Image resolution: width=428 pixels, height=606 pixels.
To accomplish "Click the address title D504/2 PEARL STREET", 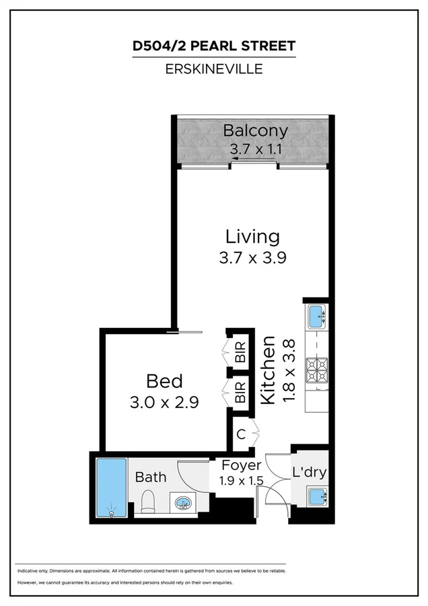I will coord(213,46).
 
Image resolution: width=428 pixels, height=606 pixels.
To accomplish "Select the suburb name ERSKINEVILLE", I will coord(213,68).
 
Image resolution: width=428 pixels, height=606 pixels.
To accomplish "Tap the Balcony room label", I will coord(255,131).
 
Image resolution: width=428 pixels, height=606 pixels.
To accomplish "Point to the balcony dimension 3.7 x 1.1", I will coord(255,150).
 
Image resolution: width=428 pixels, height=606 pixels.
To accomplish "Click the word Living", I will coord(252,236).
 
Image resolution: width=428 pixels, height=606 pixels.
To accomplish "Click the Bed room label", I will coord(164,382).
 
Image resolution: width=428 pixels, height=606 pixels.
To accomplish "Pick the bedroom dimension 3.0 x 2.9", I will coord(164,402).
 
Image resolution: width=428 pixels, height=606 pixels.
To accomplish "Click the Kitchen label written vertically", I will coord(267,370).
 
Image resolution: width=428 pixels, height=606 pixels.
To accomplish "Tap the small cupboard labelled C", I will coord(241,434).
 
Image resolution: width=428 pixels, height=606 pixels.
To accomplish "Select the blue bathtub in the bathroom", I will coord(111,487).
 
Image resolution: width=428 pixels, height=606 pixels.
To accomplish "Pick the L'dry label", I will coord(309,472).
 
